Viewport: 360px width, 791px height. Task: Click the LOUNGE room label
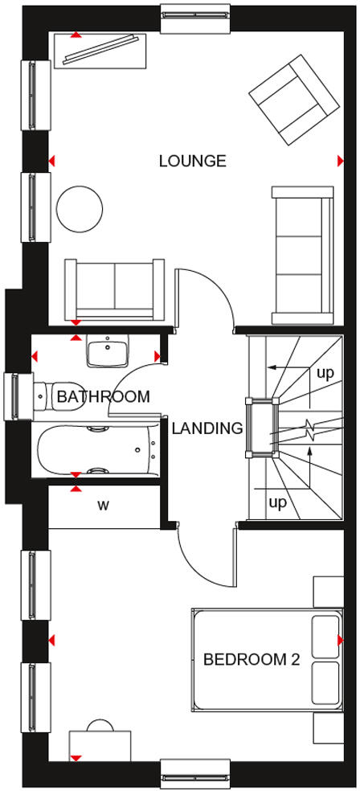192,161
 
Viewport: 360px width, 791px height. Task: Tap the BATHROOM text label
103,396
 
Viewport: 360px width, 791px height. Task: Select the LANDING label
207,428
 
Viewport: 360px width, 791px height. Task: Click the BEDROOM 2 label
251,660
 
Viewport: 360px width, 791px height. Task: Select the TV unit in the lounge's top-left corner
100,50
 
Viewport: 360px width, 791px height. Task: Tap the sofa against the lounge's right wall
302,252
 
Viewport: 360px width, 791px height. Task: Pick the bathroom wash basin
108,352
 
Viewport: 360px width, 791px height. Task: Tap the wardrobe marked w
104,506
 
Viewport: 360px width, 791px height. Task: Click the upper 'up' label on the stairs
325,373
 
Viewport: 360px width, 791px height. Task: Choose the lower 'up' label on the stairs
277,503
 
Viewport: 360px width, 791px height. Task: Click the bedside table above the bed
328,591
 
